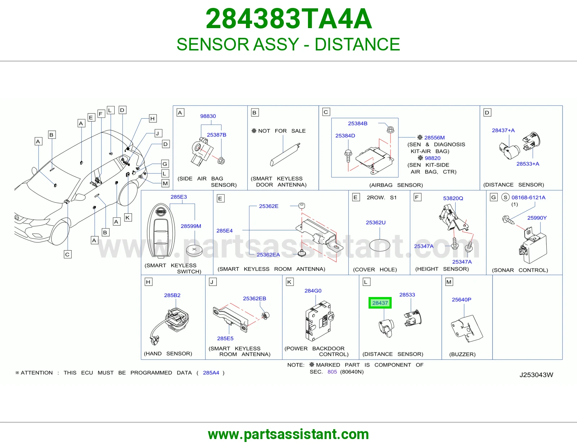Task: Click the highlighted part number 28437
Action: pos(380,303)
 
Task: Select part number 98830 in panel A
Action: pos(208,116)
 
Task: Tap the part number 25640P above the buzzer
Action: pos(462,300)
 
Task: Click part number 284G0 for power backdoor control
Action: pos(313,291)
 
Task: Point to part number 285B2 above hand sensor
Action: pos(172,295)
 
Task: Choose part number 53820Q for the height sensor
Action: pos(453,198)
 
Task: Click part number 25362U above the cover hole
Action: pos(375,222)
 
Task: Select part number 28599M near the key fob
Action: pos(191,226)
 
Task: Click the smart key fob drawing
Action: pos(160,231)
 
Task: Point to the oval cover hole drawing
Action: pos(380,245)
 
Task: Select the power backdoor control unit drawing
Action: pos(319,321)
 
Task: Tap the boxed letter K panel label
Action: pos(289,282)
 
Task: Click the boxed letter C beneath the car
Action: pos(67,255)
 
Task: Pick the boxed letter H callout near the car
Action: pos(153,119)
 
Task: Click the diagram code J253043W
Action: pos(536,375)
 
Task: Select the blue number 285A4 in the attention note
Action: pos(211,373)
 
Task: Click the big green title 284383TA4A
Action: pos(288,19)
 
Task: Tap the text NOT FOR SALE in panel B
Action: pos(282,131)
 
